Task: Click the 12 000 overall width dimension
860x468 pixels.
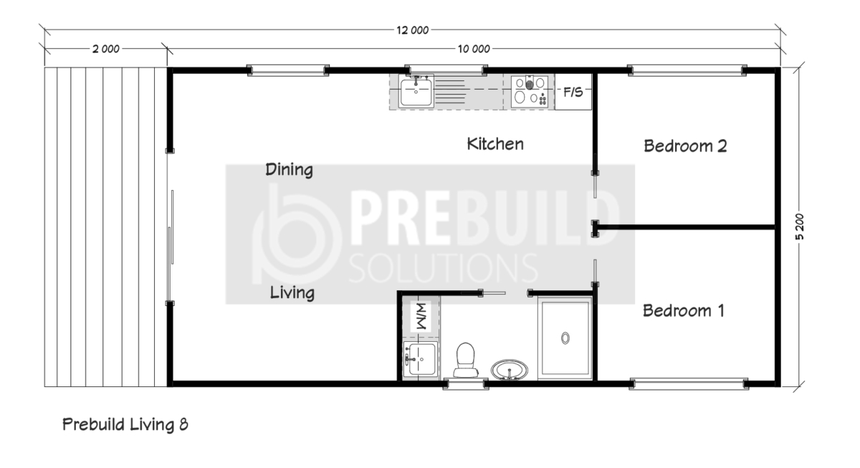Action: click(412, 30)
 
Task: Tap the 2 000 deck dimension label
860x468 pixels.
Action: click(105, 49)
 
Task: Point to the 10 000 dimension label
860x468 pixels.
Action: click(474, 49)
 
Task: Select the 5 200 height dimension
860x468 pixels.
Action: click(799, 226)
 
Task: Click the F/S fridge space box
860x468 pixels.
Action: click(573, 92)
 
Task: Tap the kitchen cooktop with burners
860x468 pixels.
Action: click(530, 91)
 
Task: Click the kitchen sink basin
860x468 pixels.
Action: click(416, 91)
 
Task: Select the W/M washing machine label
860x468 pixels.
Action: click(421, 316)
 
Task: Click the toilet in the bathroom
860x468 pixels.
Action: click(465, 360)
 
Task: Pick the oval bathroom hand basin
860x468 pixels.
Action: click(509, 370)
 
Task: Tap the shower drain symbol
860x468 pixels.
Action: click(565, 338)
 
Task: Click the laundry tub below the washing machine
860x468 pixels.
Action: click(421, 358)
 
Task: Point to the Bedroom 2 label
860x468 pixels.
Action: click(685, 146)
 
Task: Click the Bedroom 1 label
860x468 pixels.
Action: click(684, 310)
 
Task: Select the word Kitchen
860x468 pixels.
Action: click(495, 144)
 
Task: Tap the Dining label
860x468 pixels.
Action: click(289, 170)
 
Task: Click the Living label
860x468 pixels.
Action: click(292, 292)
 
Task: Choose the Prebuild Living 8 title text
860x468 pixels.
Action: click(125, 424)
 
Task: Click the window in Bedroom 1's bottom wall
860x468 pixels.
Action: click(689, 384)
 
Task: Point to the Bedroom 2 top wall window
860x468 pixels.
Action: click(687, 70)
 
